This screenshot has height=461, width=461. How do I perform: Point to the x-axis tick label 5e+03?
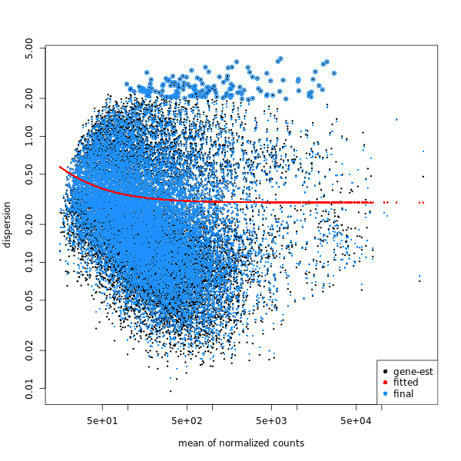pos(271,420)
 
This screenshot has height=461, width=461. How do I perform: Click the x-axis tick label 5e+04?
pos(356,420)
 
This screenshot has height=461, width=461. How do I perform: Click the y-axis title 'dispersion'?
pos(8,224)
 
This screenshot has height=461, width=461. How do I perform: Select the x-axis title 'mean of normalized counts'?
pos(241,443)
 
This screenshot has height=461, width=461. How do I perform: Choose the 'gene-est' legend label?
pos(413,372)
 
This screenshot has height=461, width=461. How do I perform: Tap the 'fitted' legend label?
pos(406,383)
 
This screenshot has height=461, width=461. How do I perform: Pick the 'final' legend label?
pos(403,394)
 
